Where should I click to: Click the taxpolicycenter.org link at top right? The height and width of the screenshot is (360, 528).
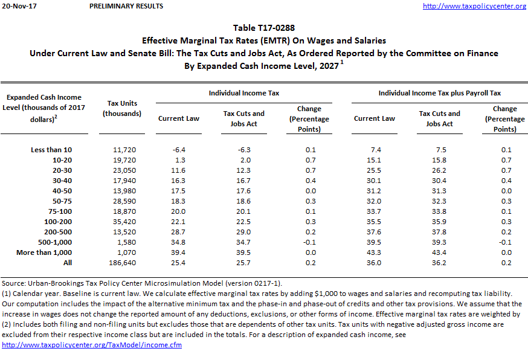click(x=474, y=6)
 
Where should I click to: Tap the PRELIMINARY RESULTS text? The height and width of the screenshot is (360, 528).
click(x=126, y=6)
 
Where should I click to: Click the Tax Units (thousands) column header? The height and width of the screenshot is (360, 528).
click(x=122, y=108)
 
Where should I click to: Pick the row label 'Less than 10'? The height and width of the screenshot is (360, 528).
click(x=51, y=150)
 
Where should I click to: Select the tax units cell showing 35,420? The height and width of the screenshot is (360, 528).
click(x=123, y=222)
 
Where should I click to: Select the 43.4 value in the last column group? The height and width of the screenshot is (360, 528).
click(x=439, y=252)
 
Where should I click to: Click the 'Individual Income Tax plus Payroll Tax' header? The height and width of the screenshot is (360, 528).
click(x=439, y=93)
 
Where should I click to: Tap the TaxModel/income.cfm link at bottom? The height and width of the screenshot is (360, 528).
click(x=92, y=345)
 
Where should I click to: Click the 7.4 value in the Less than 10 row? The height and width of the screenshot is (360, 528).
click(x=375, y=150)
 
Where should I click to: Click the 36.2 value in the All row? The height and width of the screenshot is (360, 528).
click(x=439, y=263)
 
